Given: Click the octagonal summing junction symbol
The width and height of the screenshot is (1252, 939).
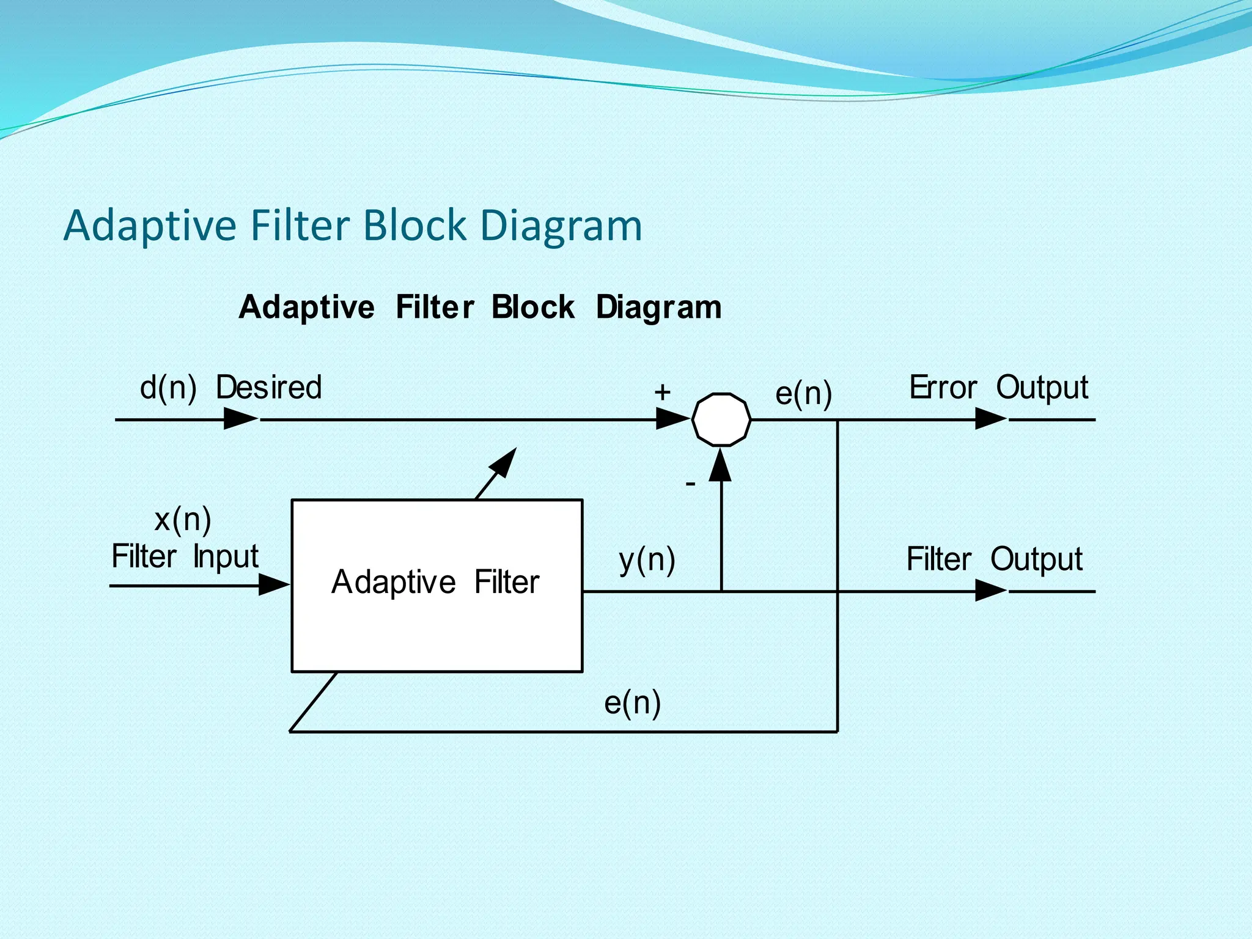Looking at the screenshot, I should [x=721, y=419].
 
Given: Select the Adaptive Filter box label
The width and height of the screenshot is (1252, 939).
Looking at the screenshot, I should [x=435, y=581].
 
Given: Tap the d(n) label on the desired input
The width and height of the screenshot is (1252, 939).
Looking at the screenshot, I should [x=168, y=388].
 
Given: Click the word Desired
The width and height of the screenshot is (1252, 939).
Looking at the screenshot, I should [x=269, y=387].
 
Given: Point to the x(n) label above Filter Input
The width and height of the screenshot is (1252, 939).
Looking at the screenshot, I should [x=183, y=520].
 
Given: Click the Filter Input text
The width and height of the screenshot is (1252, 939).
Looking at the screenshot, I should [x=185, y=557].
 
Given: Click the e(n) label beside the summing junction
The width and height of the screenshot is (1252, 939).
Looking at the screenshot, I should [x=803, y=393].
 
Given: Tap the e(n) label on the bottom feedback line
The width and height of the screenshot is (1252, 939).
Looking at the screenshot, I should [x=632, y=702].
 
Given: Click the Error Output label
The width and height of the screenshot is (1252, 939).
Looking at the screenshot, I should [x=998, y=388].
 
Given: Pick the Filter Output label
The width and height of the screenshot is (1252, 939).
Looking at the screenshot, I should [x=994, y=559].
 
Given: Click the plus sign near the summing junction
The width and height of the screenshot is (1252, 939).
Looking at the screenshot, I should [x=662, y=392].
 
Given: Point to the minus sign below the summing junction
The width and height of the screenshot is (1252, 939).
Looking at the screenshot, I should [x=690, y=484].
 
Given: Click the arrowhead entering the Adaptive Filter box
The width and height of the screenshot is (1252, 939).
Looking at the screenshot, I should [x=274, y=585].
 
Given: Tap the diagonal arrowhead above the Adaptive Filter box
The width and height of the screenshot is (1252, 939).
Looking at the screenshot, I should [x=505, y=462].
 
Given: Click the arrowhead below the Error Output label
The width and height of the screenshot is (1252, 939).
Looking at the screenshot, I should [x=990, y=419].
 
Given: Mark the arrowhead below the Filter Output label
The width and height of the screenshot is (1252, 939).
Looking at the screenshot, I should [x=990, y=591].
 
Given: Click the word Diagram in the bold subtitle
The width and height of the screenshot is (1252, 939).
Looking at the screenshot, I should [x=658, y=307].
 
